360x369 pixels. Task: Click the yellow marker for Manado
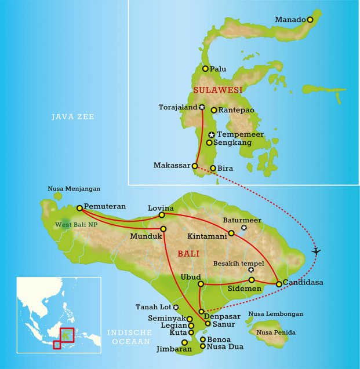pyautogui.click(x=310, y=20)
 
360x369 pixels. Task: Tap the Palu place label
pyautogui.click(x=218, y=69)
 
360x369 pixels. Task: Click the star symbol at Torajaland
pyautogui.click(x=202, y=107)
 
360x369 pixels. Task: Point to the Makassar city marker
pyautogui.click(x=195, y=166)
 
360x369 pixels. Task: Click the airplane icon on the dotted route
pyautogui.click(x=316, y=251)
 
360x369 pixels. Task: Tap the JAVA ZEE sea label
pyautogui.click(x=72, y=117)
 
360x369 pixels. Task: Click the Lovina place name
pyautogui.click(x=161, y=207)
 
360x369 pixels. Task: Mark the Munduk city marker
pyautogui.click(x=163, y=229)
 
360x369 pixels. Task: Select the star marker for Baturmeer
pyautogui.click(x=244, y=228)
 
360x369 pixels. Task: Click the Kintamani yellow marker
pyautogui.click(x=231, y=233)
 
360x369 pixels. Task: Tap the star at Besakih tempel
pyautogui.click(x=251, y=270)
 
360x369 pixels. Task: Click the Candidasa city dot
pyautogui.click(x=279, y=284)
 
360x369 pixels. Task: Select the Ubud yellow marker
pyautogui.click(x=201, y=284)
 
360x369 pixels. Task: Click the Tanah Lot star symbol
pyautogui.click(x=176, y=307)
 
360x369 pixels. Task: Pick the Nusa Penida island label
pyautogui.click(x=276, y=333)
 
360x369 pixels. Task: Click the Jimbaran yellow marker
pyautogui.click(x=184, y=342)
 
